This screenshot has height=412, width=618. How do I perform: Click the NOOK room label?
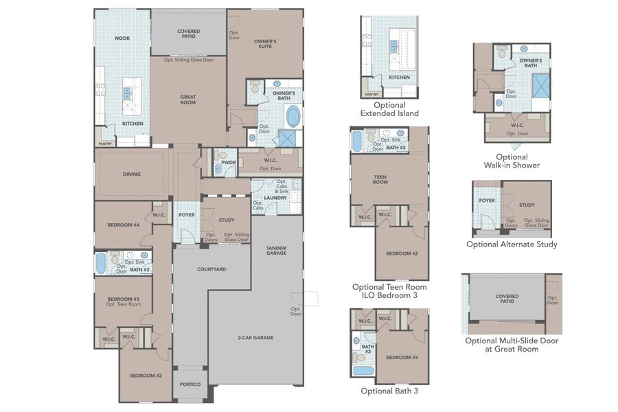pyautogui.click(x=122, y=38)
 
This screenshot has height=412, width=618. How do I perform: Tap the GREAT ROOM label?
pyautogui.click(x=188, y=100)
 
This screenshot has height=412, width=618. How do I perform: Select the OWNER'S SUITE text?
pyautogui.click(x=265, y=45)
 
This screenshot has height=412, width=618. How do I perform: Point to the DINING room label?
pyautogui.click(x=132, y=174)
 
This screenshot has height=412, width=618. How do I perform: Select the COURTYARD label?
pyautogui.click(x=211, y=269)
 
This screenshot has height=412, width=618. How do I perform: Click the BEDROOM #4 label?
pyautogui.click(x=124, y=225)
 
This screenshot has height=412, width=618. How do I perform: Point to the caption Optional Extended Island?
pyautogui.click(x=389, y=109)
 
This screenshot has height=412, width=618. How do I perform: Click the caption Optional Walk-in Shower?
pyautogui.click(x=511, y=161)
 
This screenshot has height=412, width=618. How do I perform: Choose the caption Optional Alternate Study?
pyautogui.click(x=512, y=244)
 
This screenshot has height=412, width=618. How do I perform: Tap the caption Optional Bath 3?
pyautogui.click(x=389, y=391)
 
